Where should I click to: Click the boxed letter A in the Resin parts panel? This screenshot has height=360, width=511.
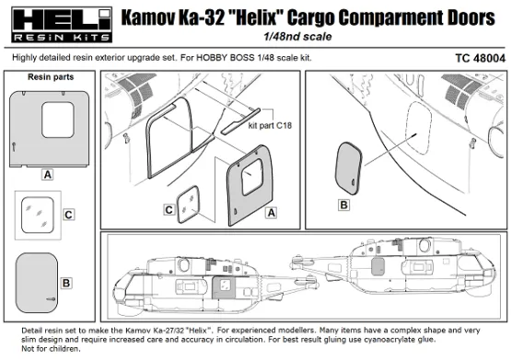coord(46,173)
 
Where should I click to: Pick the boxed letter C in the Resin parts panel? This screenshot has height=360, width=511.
coord(68,215)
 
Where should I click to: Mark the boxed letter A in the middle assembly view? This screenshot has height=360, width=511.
coord(271,212)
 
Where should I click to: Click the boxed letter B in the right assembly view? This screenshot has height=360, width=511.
coord(343,203)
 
